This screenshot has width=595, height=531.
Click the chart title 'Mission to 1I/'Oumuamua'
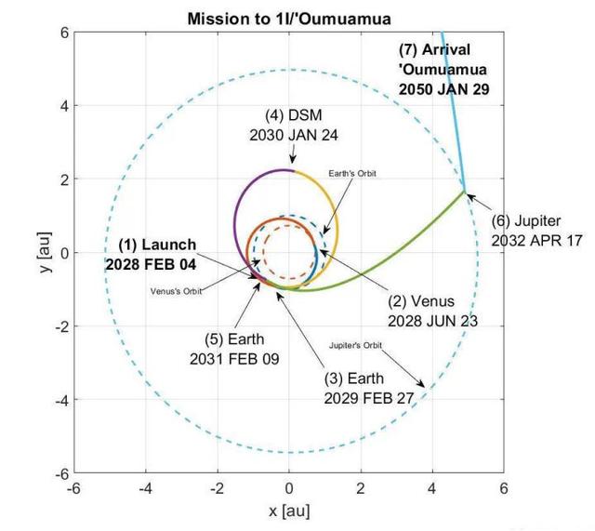coord(288,18)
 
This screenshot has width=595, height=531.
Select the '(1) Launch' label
coord(157,245)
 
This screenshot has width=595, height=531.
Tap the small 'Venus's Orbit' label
coord(177,290)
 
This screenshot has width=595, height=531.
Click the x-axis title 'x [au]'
coord(288,511)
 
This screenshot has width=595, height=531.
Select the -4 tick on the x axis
coord(146,487)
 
